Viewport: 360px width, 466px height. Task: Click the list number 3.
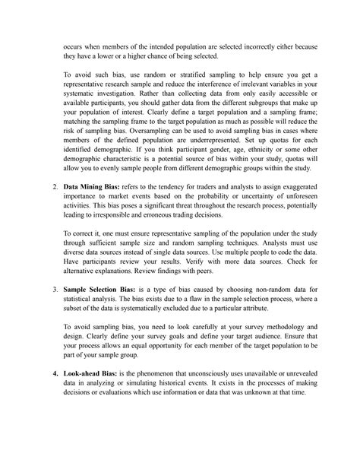click(52, 290)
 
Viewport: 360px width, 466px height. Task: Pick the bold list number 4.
click(52, 374)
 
